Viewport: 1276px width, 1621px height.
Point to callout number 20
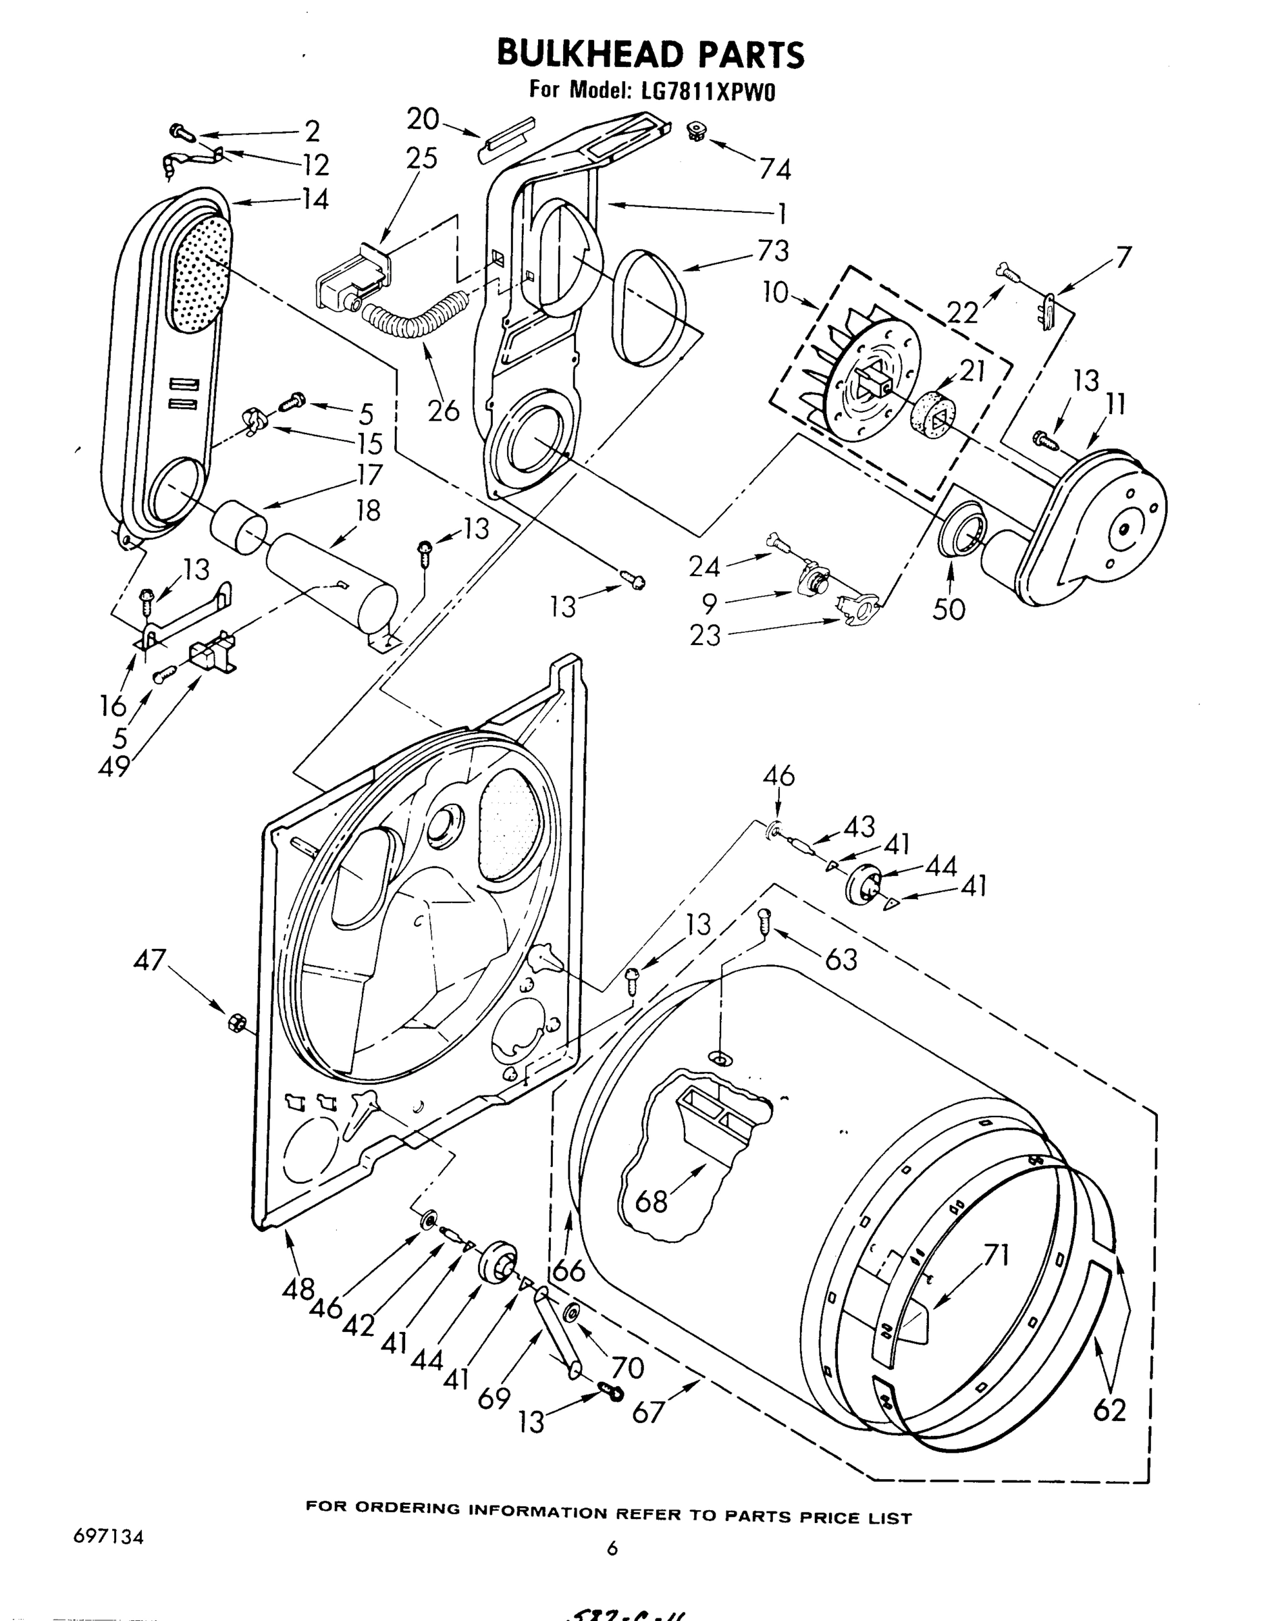(423, 118)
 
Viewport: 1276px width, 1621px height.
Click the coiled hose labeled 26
(413, 318)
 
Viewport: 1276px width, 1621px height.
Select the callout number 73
(772, 251)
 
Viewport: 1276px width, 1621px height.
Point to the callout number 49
(113, 766)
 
